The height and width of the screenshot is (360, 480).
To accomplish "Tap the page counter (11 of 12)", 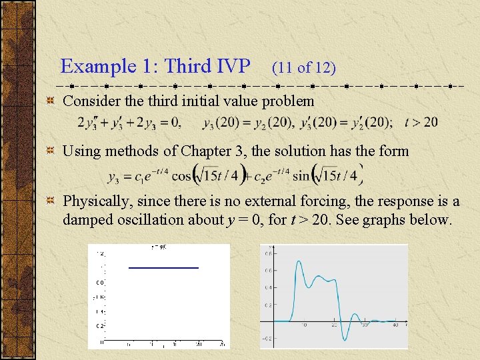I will click(303, 67).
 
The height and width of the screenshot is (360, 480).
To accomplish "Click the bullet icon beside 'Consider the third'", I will click(49, 101).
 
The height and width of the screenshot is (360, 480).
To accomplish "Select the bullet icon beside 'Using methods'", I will click(49, 151).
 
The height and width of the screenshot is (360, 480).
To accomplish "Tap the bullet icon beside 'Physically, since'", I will click(49, 201).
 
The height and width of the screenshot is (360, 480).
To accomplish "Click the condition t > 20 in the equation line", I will click(421, 122).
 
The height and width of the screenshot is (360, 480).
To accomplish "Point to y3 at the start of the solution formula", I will click(113, 177).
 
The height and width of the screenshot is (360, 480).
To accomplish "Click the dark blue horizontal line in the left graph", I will click(163, 267).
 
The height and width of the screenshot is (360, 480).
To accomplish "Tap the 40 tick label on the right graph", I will click(395, 325).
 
